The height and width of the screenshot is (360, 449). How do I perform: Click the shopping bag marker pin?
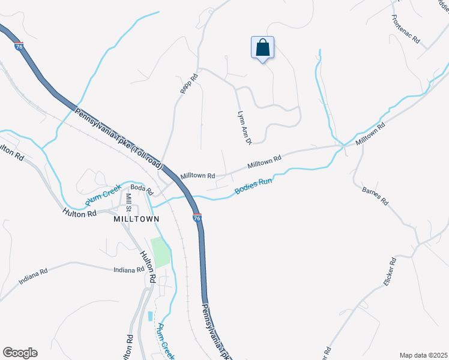point(263,48)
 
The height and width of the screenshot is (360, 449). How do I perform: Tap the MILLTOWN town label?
point(136,219)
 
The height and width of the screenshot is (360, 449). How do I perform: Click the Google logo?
point(20,353)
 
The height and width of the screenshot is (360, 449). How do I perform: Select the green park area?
point(160,252)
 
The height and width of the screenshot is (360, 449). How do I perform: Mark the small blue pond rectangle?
point(149,316)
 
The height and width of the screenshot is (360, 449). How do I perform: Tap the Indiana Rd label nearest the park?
point(129,270)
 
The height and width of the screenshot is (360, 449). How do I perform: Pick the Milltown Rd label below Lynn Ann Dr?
point(265,162)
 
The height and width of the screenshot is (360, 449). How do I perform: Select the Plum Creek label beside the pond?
point(163,340)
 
